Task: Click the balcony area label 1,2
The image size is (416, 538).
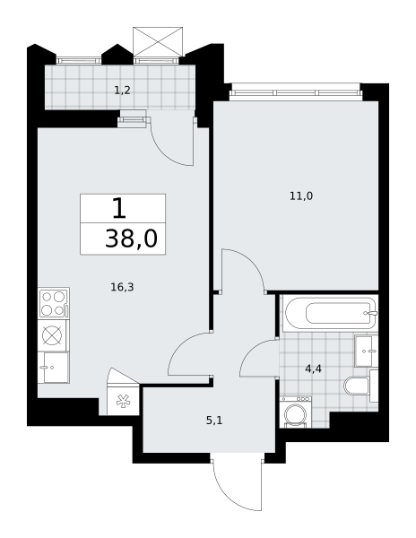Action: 122,91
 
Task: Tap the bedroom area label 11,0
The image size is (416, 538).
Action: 301,195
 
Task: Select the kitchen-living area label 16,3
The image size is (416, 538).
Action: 122,287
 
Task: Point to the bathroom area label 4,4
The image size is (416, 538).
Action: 313,369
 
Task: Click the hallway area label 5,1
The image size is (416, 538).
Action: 214,421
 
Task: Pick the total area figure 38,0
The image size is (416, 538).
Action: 132,239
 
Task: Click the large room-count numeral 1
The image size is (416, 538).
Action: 119,209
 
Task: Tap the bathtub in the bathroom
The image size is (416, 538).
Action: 330,313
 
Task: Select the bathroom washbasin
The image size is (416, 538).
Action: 366,351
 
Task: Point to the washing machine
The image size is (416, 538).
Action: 296,412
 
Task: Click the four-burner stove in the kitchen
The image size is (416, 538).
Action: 54,303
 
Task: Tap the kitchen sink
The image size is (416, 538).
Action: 54,367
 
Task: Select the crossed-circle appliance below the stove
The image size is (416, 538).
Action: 54,335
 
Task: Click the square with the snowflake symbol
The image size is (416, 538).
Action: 123,401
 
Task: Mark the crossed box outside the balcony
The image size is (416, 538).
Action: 158,41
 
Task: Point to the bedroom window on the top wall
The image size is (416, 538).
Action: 296,92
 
